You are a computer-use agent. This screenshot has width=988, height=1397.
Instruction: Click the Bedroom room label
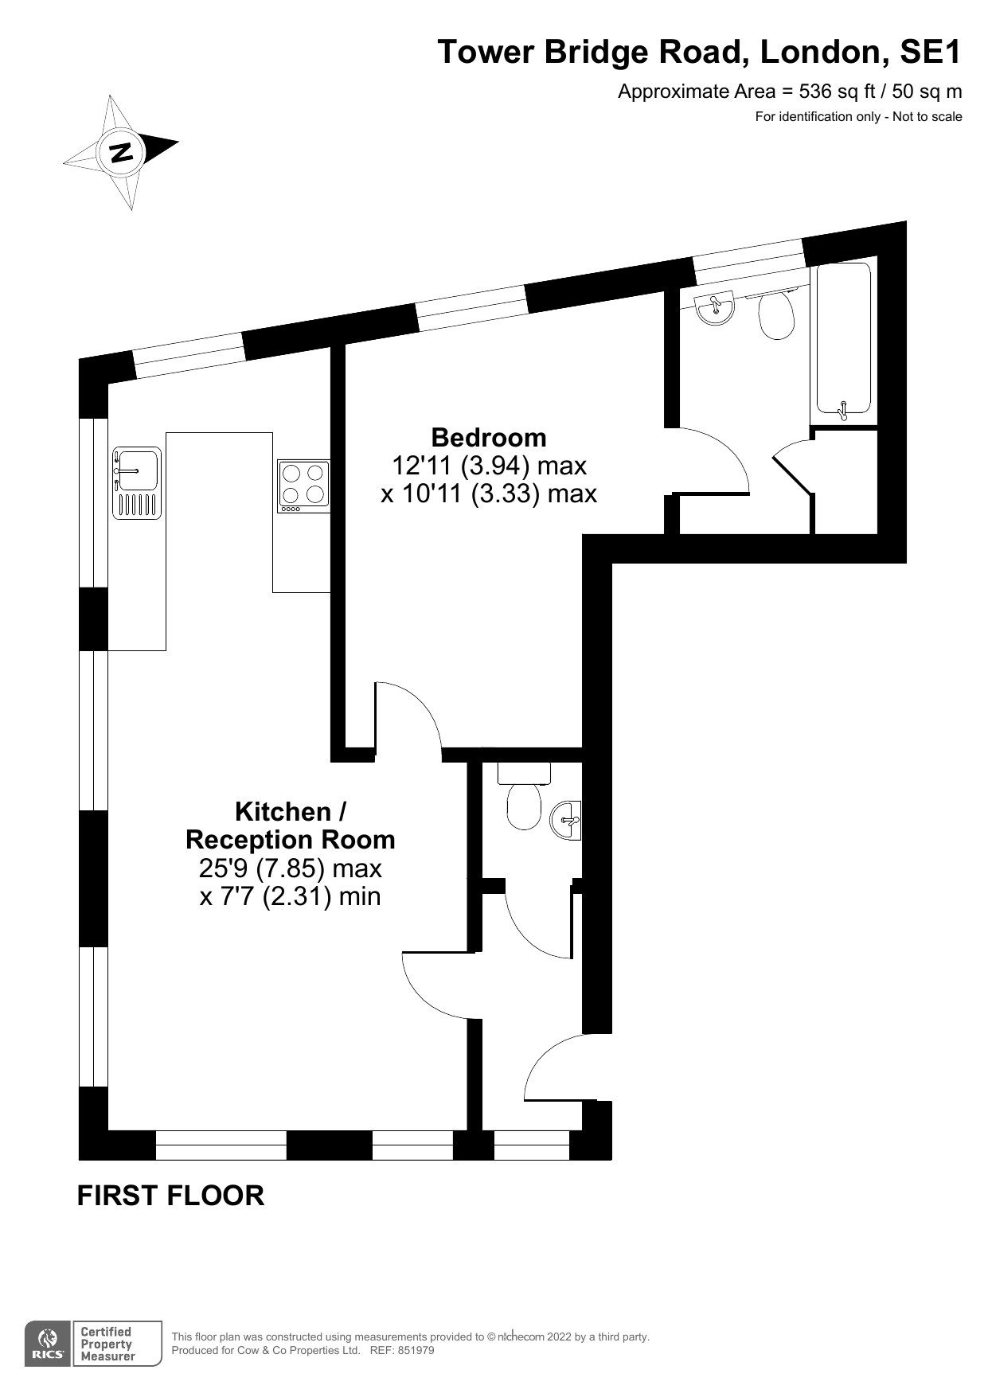[488, 437]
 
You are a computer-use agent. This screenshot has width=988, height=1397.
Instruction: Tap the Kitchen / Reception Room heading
[290, 825]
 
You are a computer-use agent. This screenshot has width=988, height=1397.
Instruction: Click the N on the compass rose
[122, 151]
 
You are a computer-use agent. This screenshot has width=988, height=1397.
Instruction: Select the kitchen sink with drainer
[136, 483]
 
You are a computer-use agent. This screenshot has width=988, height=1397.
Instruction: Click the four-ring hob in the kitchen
[303, 486]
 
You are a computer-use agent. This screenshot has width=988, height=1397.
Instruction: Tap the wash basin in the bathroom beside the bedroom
[715, 308]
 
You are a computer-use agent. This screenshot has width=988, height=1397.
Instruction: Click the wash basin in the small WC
[568, 820]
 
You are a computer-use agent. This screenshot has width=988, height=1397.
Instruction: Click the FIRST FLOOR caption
[170, 1196]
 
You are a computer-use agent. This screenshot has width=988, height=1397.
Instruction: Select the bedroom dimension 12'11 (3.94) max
[489, 465]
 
